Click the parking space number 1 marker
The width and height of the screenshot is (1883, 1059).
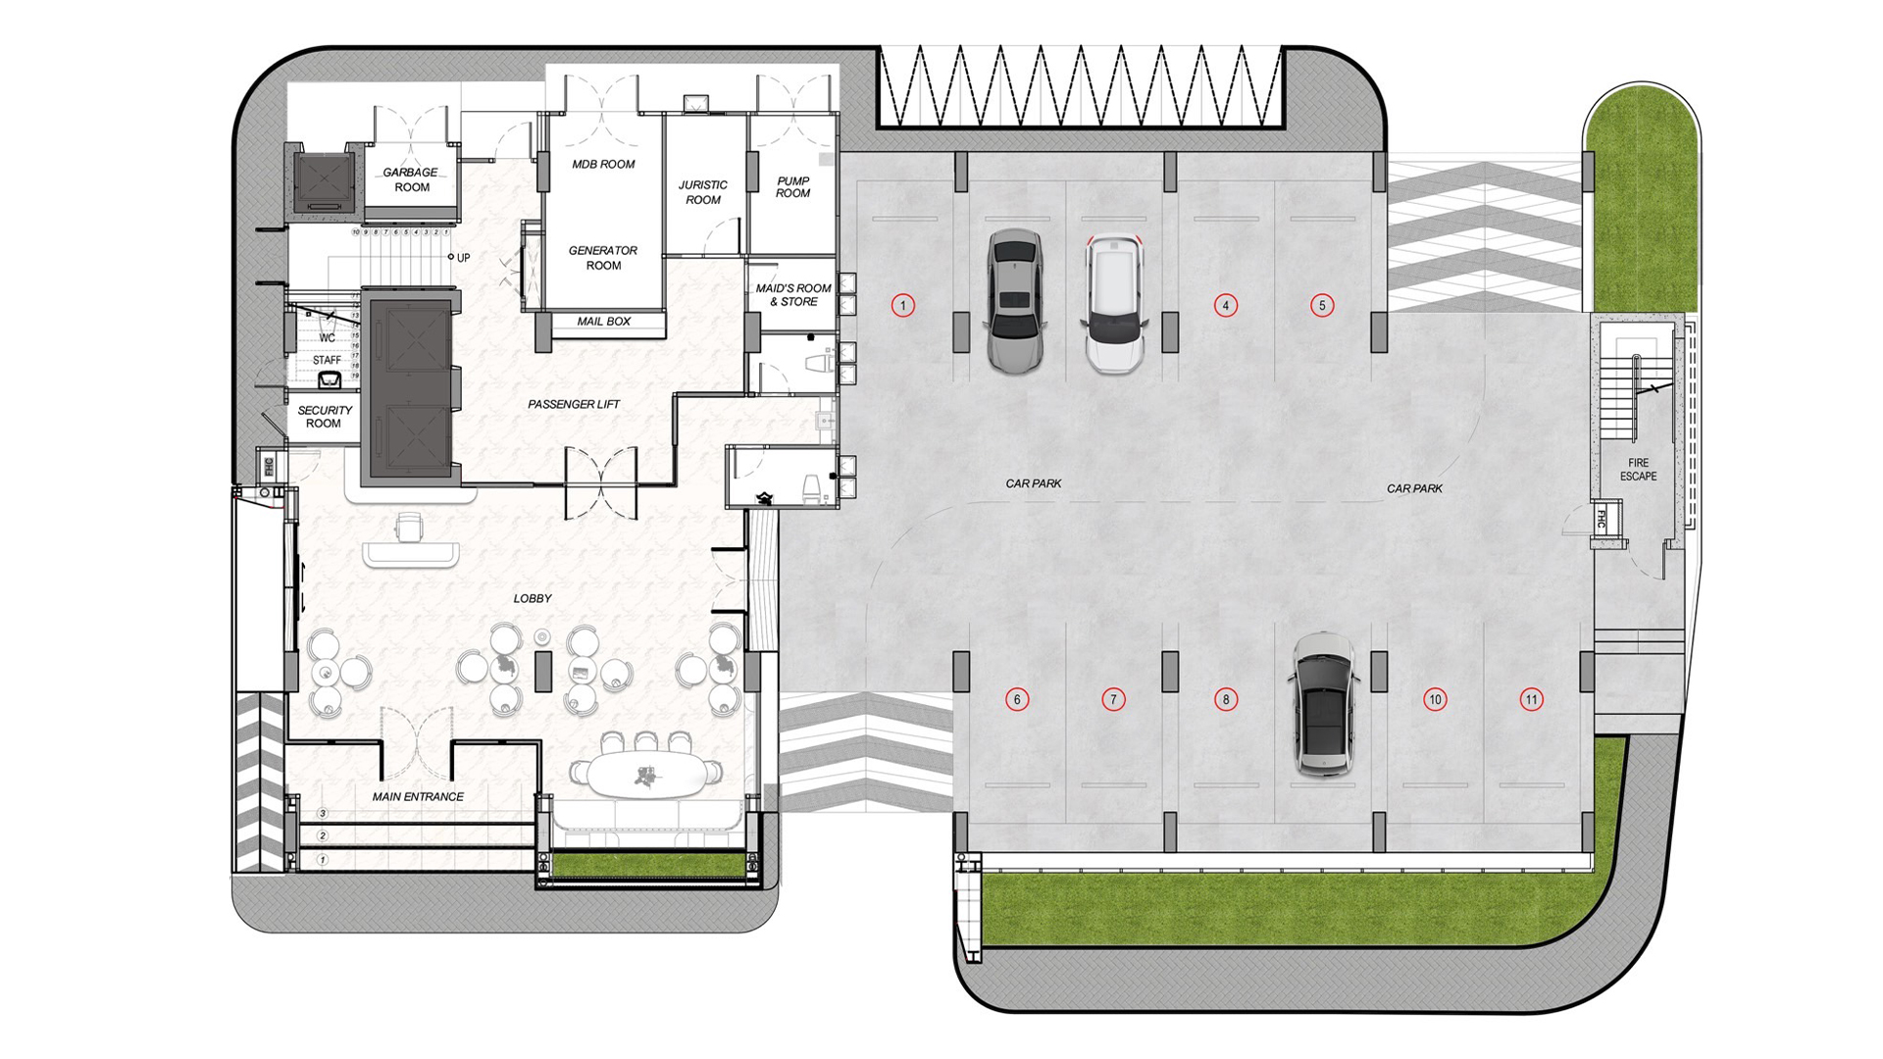pyautogui.click(x=903, y=305)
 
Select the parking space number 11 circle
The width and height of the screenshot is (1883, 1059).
pyautogui.click(x=1531, y=699)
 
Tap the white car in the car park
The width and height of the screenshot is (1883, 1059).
pyautogui.click(x=1114, y=303)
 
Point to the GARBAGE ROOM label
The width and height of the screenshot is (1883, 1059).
pyautogui.click(x=411, y=179)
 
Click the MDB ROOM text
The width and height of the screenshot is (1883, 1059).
pyautogui.click(x=603, y=164)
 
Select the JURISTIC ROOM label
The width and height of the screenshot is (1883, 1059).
pyautogui.click(x=702, y=192)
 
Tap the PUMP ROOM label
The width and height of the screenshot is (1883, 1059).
pyautogui.click(x=792, y=187)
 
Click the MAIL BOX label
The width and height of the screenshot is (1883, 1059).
pyautogui.click(x=603, y=322)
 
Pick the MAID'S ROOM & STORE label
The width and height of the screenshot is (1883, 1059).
pyautogui.click(x=792, y=295)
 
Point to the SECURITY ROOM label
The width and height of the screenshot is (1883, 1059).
pyautogui.click(x=325, y=417)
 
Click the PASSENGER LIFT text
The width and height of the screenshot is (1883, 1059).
pyautogui.click(x=574, y=404)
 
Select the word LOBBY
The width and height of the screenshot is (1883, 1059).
pyautogui.click(x=533, y=598)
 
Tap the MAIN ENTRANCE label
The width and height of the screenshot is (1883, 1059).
pyautogui.click(x=418, y=796)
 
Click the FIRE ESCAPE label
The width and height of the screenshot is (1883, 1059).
pyautogui.click(x=1638, y=470)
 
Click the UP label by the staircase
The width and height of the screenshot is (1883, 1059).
pyautogui.click(x=463, y=258)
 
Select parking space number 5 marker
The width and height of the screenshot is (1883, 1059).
pyautogui.click(x=1321, y=305)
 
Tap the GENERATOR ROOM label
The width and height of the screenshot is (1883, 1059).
pyautogui.click(x=603, y=258)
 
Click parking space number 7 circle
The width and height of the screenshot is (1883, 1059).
pyautogui.click(x=1112, y=699)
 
